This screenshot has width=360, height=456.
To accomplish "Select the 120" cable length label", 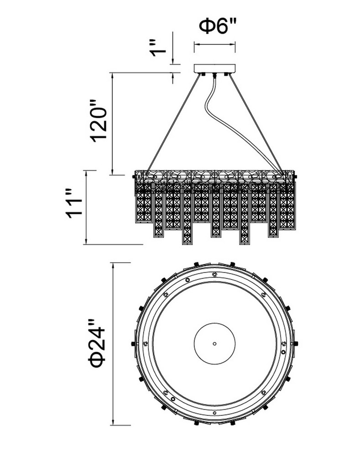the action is tap(99, 121).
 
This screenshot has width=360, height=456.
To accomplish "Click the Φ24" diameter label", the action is tap(97, 343).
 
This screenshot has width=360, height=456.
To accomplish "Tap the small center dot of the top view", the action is tap(214, 343).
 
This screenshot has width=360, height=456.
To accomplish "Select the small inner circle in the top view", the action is tap(214, 323).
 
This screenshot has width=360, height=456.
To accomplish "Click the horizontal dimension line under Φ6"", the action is tap(214, 44).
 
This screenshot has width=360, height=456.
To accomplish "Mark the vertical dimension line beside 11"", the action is tap(86, 207).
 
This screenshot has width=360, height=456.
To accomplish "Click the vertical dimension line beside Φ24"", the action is tap(113, 344).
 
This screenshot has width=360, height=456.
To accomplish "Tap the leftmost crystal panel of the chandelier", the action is tap(143, 203).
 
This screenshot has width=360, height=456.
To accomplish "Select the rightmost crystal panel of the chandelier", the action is tap(287, 206).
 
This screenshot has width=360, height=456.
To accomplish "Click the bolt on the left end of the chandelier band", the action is tap(134, 176).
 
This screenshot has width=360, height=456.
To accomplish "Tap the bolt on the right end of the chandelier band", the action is tap(296, 176).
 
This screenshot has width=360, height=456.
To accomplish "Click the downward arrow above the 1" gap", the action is tap(172, 48).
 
